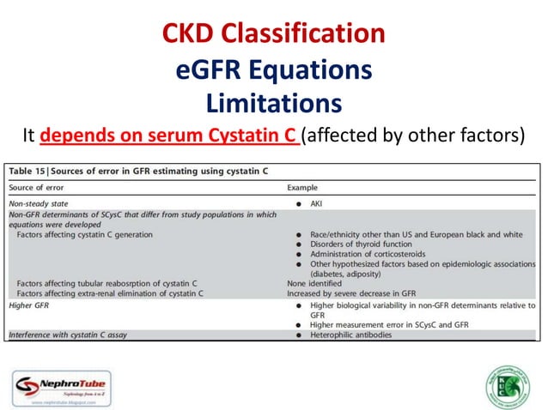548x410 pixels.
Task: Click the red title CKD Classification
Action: point(274,33)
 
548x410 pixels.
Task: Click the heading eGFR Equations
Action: point(274,69)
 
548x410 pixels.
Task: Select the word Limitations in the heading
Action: point(274,103)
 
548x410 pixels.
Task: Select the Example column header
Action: point(303,187)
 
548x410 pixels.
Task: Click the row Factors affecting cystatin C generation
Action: point(85,234)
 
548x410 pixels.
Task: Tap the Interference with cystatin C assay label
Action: point(68,335)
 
